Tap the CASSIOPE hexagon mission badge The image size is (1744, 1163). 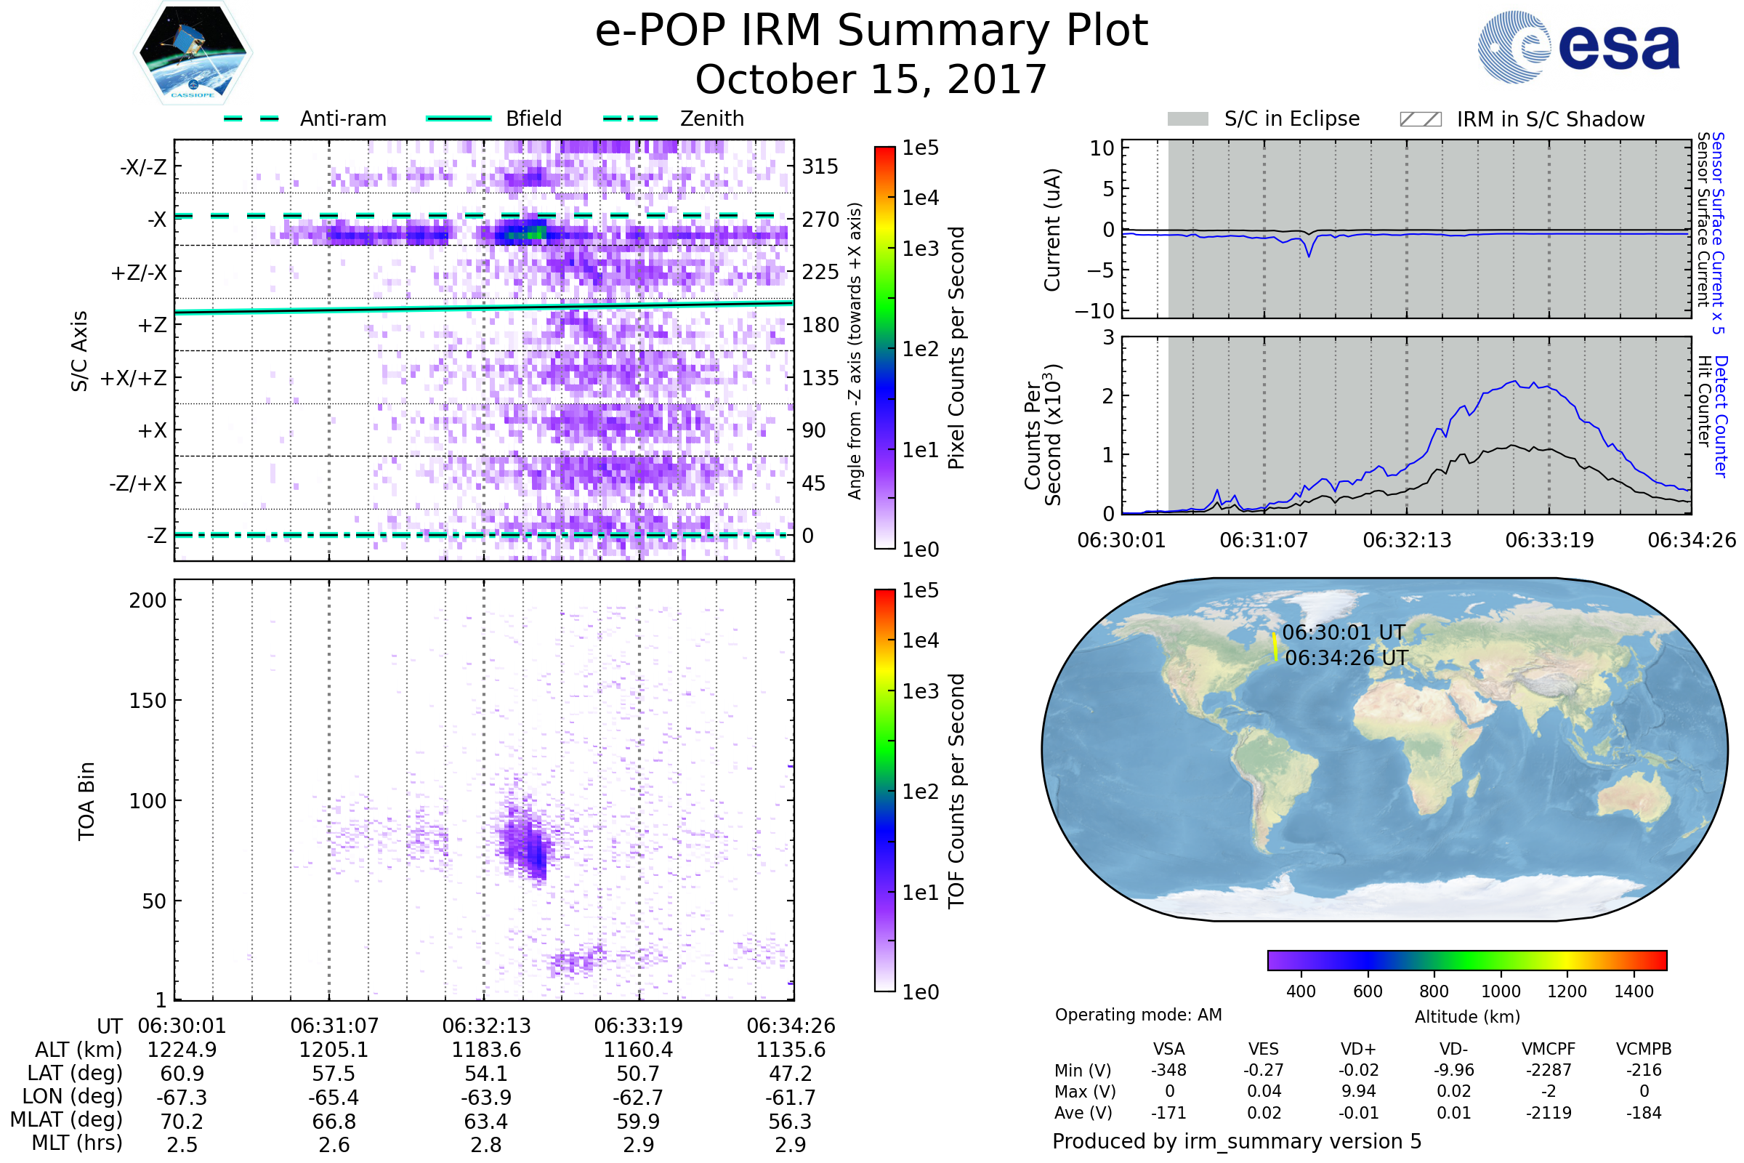click(x=193, y=52)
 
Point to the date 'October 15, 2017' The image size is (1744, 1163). click(x=871, y=79)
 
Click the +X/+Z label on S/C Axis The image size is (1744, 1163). click(x=134, y=378)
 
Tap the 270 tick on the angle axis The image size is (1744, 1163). click(x=820, y=220)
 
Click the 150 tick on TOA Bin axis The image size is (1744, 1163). click(x=148, y=701)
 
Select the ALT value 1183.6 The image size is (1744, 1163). click(x=486, y=1050)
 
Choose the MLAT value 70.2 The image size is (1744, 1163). click(x=182, y=1122)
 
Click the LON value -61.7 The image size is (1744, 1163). click(x=791, y=1098)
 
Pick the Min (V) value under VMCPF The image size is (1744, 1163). click(x=1549, y=1070)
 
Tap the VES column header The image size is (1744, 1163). click(x=1264, y=1050)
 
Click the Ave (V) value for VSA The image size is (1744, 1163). click(x=1168, y=1114)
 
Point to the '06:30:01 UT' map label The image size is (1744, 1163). click(x=1344, y=632)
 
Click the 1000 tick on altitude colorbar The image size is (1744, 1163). click(x=1501, y=991)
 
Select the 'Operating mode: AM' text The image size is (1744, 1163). click(x=1138, y=1015)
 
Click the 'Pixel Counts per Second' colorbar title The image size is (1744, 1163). click(x=956, y=348)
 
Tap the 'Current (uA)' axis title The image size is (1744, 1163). click(x=1052, y=230)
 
